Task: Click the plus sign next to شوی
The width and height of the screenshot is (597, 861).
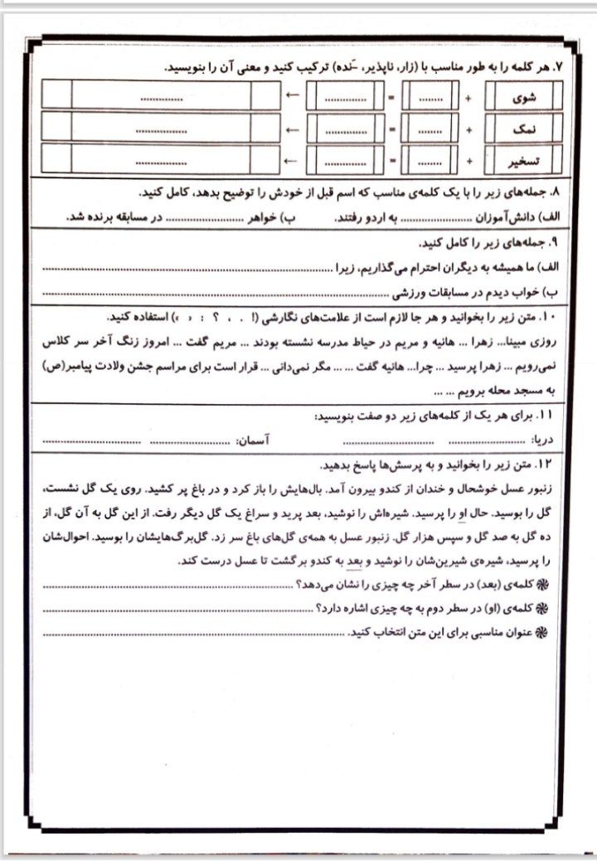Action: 468,97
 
